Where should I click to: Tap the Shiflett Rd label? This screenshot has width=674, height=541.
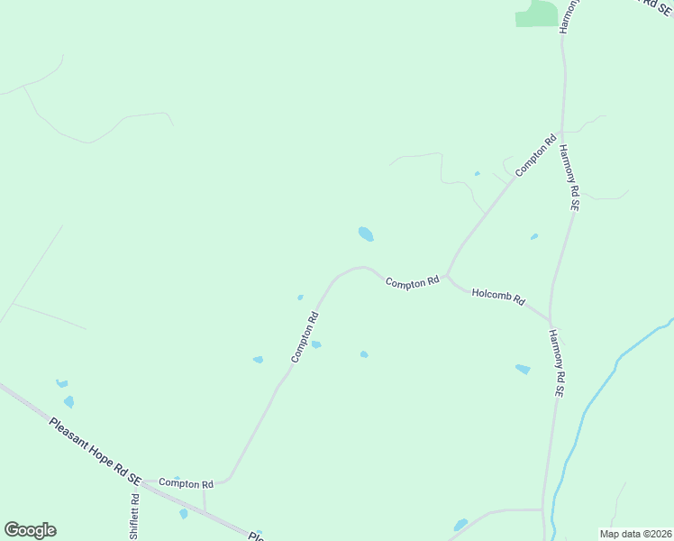coord(134,516)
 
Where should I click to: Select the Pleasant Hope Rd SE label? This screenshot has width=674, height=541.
coord(96,447)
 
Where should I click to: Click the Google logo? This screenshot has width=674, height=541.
coord(30,530)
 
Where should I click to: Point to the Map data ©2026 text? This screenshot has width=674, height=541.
coord(635,533)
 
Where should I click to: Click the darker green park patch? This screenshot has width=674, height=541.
coord(537,14)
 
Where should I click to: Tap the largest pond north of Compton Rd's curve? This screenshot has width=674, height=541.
coord(365,234)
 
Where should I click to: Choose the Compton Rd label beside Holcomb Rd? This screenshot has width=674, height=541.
coord(412,282)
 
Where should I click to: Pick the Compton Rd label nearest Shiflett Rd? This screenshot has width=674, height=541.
coord(186,483)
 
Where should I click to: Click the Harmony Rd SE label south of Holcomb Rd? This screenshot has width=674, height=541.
coord(556,364)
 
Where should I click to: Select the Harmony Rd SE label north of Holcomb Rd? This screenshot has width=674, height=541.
coord(569,177)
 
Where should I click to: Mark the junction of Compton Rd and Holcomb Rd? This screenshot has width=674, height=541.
coord(446,276)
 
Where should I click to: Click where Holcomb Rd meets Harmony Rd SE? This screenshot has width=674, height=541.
coord(549,318)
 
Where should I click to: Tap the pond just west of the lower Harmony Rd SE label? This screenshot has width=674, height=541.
coord(523,369)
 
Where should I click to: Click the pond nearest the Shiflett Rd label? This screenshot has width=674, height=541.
coord(183,513)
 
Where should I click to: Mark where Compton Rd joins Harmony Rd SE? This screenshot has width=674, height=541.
coord(561,132)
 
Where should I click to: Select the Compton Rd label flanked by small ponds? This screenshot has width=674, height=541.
coord(305,336)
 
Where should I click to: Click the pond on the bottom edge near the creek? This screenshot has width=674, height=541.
coord(460,525)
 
